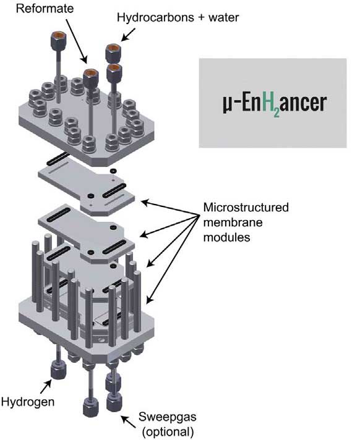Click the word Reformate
45,8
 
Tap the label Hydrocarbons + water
178,18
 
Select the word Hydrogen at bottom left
28,402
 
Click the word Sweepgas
168,417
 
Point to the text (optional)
168,431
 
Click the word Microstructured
246,208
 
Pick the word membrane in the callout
233,222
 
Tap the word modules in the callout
226,237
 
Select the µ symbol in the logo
227,104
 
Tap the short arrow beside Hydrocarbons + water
128,35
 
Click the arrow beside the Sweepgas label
128,421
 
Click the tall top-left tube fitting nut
58,40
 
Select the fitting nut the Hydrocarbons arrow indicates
113,53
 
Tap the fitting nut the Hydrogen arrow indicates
59,370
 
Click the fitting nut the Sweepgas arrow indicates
114,402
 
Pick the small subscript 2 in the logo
276,112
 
